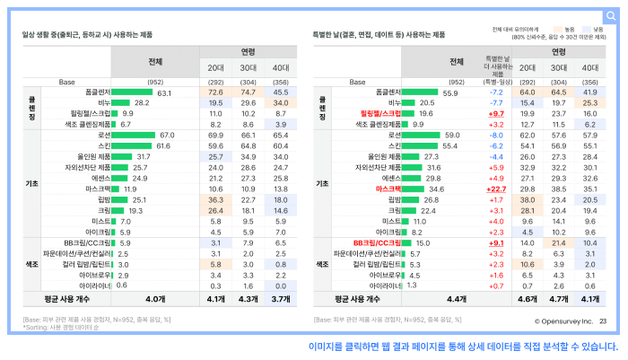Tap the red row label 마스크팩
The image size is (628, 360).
tap(388, 189)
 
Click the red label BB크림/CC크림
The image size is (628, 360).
tap(376, 242)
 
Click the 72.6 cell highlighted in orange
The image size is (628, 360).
tap(215, 92)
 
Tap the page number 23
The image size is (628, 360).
tap(603, 320)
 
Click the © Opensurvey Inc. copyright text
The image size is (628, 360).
tap(563, 320)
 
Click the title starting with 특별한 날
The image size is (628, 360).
tap(379, 35)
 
